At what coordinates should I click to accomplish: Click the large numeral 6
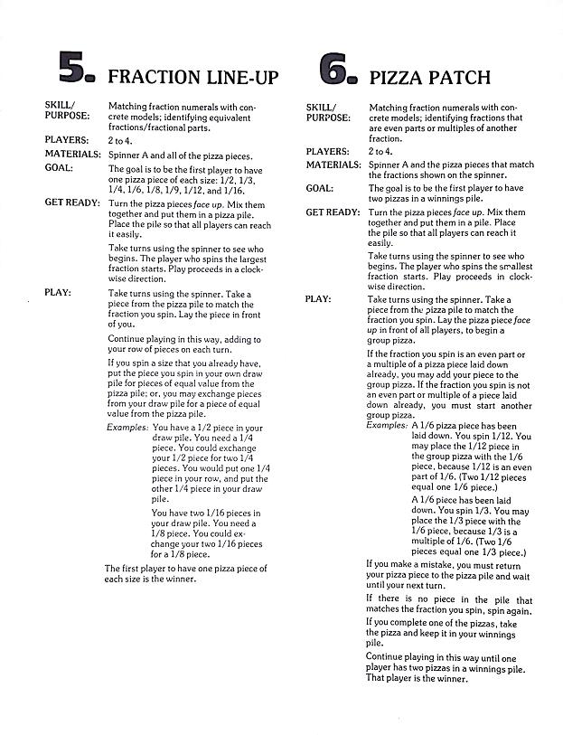pyautogui.click(x=338, y=68)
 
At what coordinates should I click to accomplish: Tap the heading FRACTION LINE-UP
pyautogui.click(x=192, y=76)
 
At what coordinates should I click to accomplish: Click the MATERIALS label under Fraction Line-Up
pyautogui.click(x=71, y=155)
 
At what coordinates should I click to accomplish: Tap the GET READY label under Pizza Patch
pyautogui.click(x=333, y=212)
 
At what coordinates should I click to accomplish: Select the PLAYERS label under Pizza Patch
pyautogui.click(x=326, y=152)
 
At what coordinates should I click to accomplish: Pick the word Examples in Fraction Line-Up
pyautogui.click(x=127, y=427)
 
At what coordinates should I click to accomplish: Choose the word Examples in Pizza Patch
pyautogui.click(x=387, y=424)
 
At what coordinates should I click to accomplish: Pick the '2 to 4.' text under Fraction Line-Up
pyautogui.click(x=120, y=141)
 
